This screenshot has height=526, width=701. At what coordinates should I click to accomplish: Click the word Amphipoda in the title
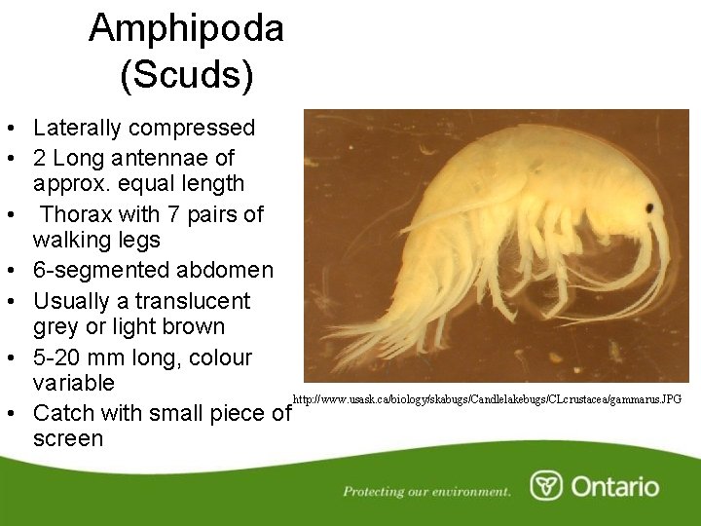pyautogui.click(x=186, y=28)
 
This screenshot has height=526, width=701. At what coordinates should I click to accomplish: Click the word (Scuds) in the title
pyautogui.click(x=186, y=75)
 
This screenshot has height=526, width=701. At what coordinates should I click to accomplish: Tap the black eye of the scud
pyautogui.click(x=648, y=208)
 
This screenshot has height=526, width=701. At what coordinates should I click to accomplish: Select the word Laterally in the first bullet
pyautogui.click(x=76, y=128)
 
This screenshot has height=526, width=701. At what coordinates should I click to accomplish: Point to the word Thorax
pyautogui.click(x=77, y=213)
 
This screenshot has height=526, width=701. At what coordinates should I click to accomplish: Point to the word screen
pyautogui.click(x=68, y=438)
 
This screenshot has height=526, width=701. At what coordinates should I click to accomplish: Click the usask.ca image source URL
pyautogui.click(x=487, y=399)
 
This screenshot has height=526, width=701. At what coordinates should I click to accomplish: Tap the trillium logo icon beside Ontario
pyautogui.click(x=545, y=485)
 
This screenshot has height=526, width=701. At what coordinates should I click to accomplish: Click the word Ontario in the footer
pyautogui.click(x=614, y=486)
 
